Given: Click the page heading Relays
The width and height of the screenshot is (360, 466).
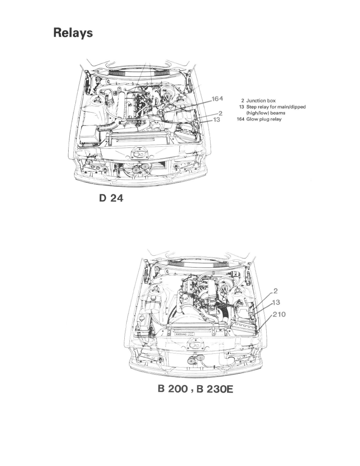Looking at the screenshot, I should [73, 33].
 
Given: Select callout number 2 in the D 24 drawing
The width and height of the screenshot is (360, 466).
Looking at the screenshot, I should [221, 113].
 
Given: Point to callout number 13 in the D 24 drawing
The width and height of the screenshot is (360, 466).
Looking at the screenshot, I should [216, 120].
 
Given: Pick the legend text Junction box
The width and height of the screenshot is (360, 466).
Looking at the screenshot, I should [261, 101].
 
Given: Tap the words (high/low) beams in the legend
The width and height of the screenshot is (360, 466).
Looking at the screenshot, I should [265, 113].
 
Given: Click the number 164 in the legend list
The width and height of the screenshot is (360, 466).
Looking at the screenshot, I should [238, 119].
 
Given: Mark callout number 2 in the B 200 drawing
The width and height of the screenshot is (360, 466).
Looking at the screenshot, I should [276, 291].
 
